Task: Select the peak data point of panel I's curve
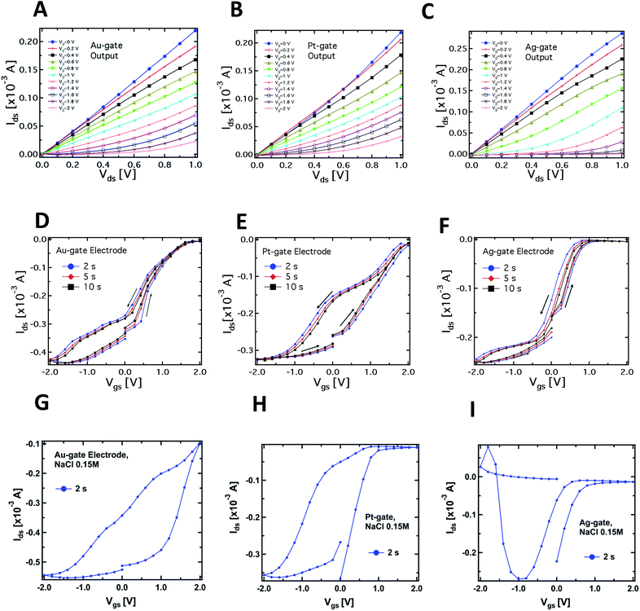click(488, 446)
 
